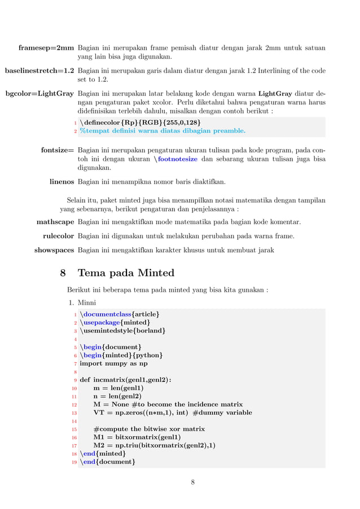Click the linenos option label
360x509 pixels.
(x=62, y=182)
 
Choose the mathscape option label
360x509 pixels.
(x=55, y=222)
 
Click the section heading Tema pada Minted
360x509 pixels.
(x=125, y=273)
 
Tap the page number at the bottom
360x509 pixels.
(x=192, y=482)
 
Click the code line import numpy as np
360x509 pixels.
(x=113, y=363)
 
